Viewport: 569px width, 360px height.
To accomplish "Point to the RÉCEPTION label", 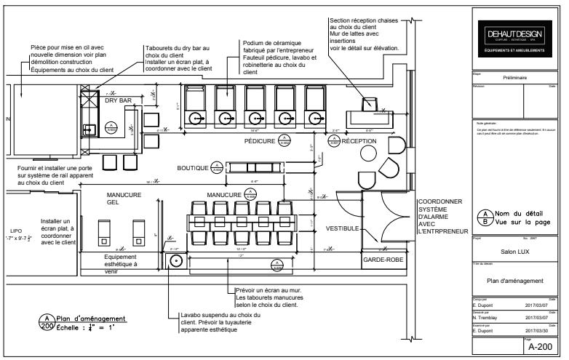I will [x=359, y=141].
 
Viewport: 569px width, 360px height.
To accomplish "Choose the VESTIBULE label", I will [x=342, y=228].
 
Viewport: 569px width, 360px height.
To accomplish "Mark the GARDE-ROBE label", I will [x=383, y=259].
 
